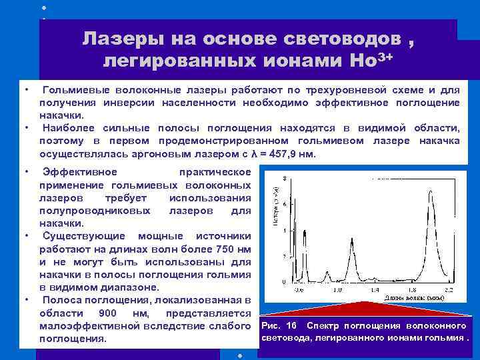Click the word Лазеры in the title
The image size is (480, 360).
[122, 39]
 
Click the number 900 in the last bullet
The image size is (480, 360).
[109, 313]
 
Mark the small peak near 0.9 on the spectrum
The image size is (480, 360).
[327, 272]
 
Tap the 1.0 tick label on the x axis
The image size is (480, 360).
[337, 291]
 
